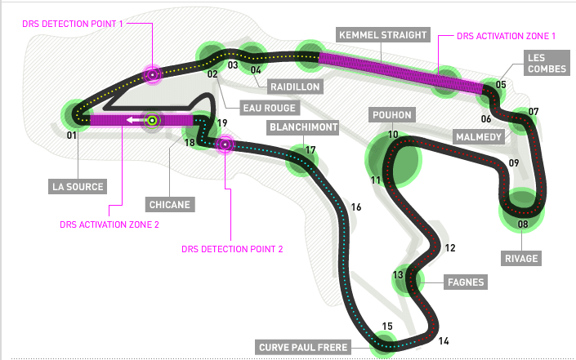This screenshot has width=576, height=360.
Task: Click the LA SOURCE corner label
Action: (78, 186)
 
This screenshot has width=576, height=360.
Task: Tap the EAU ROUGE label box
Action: (270, 108)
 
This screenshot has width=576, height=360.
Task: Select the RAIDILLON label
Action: (295, 87)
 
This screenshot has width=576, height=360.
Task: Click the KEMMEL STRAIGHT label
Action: (383, 35)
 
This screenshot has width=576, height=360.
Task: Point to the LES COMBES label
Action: (547, 63)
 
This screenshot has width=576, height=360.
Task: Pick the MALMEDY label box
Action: (479, 137)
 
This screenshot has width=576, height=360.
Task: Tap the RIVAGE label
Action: (521, 258)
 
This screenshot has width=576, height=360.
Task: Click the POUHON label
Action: (392, 115)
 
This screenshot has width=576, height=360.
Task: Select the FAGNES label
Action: (466, 282)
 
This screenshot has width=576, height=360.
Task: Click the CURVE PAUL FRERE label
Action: (303, 347)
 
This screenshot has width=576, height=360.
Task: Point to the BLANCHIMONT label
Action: (303, 127)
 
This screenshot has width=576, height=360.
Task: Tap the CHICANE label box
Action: (170, 204)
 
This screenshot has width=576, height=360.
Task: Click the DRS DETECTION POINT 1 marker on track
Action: (153, 74)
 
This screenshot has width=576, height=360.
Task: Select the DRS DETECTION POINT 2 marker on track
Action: (225, 144)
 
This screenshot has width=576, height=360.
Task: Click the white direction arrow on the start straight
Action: (135, 120)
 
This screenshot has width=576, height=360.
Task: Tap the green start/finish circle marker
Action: (152, 120)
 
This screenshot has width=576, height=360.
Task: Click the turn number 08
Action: (523, 224)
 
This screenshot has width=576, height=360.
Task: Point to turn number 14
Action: (444, 341)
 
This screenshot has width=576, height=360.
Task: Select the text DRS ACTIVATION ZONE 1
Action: (506, 36)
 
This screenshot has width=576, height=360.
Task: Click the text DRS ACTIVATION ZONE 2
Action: (109, 224)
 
